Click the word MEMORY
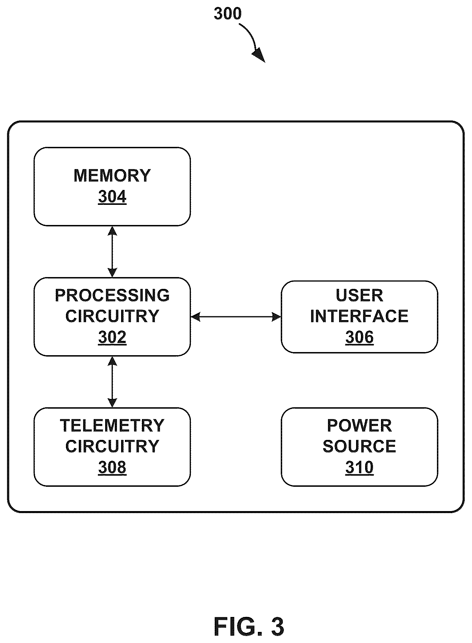(112, 176)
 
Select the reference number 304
(112, 197)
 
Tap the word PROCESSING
(112, 295)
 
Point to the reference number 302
(112, 337)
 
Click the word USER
(359, 295)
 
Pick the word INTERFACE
(359, 316)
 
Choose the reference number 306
(359, 337)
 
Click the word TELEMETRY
(112, 426)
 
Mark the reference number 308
(112, 467)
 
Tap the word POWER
(359, 426)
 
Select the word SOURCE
(359, 446)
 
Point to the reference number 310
(359, 467)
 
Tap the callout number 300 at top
(227, 14)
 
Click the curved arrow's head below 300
(259, 56)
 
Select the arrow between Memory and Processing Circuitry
(112, 252)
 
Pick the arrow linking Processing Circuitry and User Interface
(236, 317)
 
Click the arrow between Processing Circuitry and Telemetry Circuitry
(112, 382)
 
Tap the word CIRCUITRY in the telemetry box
(112, 446)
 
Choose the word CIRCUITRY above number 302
(112, 316)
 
